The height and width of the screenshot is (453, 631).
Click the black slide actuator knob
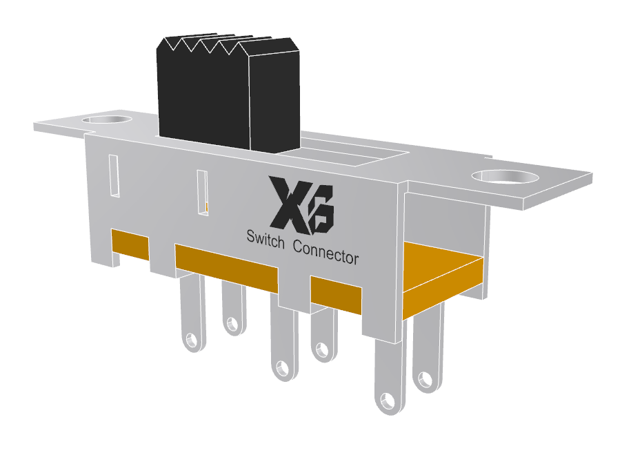coord(228,97)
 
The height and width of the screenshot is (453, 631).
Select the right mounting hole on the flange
coord(508,177)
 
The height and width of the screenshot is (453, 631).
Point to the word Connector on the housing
coord(325,251)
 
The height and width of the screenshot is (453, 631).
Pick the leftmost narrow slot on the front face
coord(114,176)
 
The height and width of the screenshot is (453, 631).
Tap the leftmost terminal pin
coord(191,314)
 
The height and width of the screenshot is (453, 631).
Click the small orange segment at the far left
coord(130,245)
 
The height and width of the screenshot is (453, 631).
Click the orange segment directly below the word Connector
coord(336,293)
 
